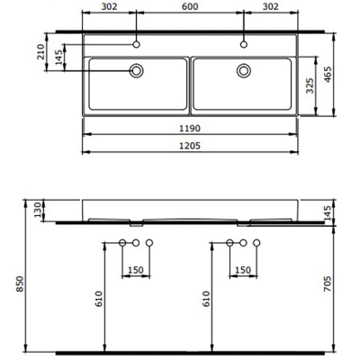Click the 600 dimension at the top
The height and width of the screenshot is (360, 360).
(x=190, y=8)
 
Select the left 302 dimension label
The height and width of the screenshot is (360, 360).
(x=108, y=8)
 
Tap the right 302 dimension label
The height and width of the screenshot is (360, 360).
(x=272, y=8)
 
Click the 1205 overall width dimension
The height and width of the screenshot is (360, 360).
(x=190, y=146)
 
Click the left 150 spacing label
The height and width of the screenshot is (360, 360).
(x=135, y=269)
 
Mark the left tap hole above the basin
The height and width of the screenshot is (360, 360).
(x=137, y=42)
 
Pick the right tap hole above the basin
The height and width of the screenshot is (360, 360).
(x=243, y=42)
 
